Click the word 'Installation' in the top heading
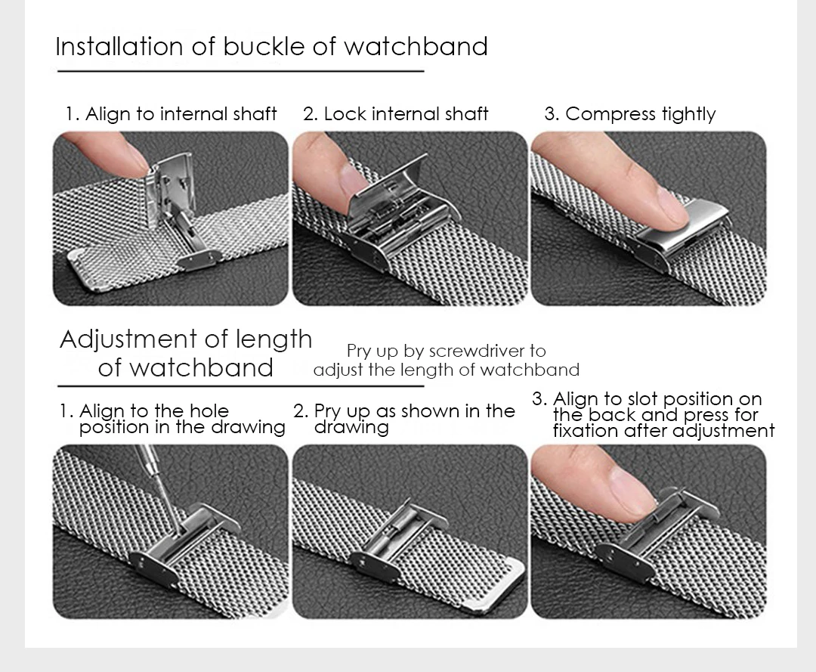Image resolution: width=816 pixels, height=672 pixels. pos(119,46)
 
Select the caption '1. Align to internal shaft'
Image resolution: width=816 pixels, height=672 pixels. pos(171,113)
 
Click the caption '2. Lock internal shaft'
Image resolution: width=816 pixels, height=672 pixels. pos(395,113)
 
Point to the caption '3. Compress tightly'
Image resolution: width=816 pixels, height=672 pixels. pos(629,114)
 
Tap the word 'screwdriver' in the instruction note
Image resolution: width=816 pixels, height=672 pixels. pos(478,351)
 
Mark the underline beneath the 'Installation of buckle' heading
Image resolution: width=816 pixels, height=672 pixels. pos(240,71)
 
